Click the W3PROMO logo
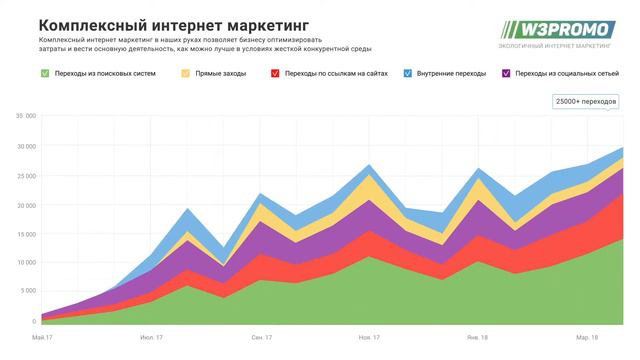(557, 29)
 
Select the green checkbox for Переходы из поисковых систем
(46, 73)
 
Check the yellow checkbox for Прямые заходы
(186, 73)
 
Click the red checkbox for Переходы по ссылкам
(275, 73)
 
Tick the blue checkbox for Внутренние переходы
(409, 73)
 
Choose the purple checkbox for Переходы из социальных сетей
(507, 73)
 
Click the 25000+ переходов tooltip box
(585, 102)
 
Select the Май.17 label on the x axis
(43, 339)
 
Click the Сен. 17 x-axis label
(263, 339)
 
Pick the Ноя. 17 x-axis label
(369, 339)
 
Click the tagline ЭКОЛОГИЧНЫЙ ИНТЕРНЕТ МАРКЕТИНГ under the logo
(556, 46)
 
